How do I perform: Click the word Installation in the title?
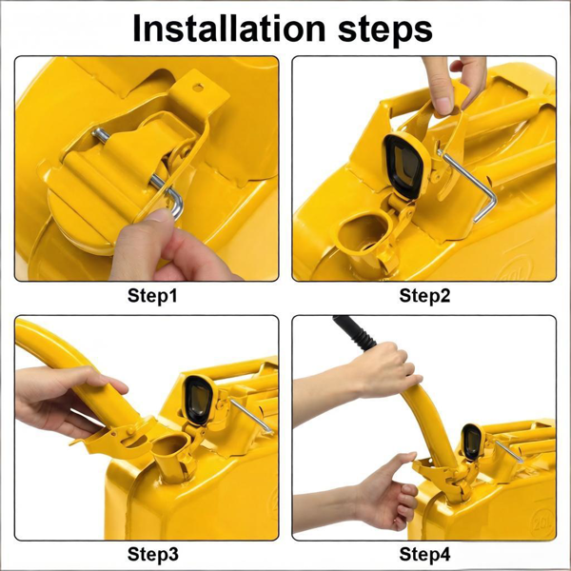[x=228, y=29]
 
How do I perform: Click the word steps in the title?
[x=385, y=30]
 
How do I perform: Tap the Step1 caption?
[x=152, y=296]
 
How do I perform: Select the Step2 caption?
[x=424, y=296]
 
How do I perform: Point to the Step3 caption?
[x=153, y=554]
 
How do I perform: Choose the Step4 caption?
[x=424, y=554]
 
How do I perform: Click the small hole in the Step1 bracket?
[x=198, y=88]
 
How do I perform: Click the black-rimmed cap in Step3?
[x=198, y=400]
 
